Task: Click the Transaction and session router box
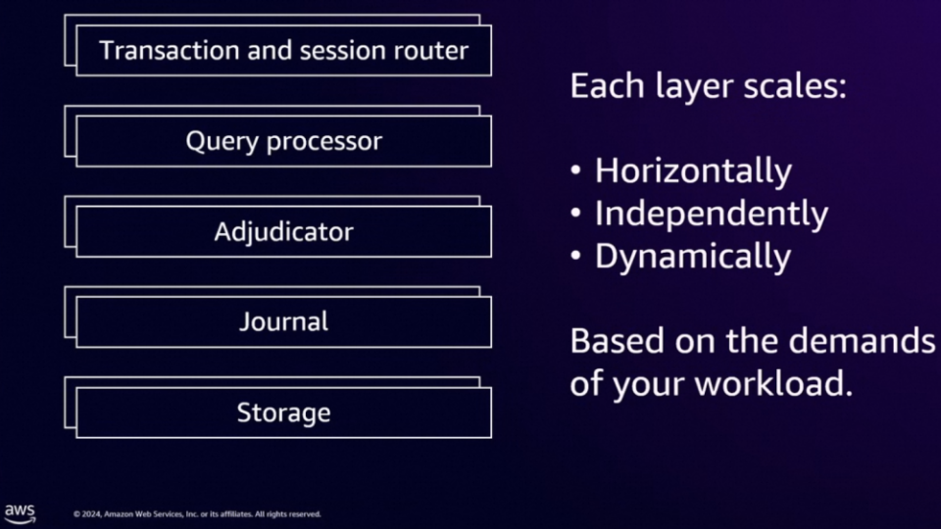[x=284, y=50]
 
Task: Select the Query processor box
[x=284, y=141]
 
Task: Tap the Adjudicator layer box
[x=284, y=231]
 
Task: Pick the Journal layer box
[x=284, y=322]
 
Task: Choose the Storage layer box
[x=284, y=412]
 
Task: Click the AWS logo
[x=20, y=514]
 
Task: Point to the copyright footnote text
[x=197, y=514]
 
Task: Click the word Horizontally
[x=693, y=170]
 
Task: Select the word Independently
[x=712, y=215]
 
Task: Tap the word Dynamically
[x=693, y=258]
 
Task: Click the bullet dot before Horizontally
[x=576, y=170]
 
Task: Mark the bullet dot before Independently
[x=576, y=213]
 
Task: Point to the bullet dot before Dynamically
[x=576, y=256]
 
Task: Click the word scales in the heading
[x=795, y=86]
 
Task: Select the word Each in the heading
[x=608, y=86]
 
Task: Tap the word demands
[x=861, y=341]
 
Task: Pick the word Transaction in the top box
[x=170, y=50]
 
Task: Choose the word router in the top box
[x=431, y=51]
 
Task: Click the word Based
[x=619, y=341]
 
